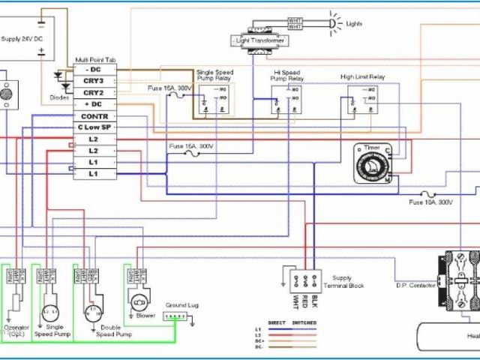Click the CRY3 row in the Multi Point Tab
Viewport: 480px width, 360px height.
pos(93,81)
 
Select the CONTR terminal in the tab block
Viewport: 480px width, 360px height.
pos(94,116)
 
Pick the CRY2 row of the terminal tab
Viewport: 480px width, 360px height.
pos(93,92)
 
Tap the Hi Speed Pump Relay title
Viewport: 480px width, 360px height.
pos(287,75)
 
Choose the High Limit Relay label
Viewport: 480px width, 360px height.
pos(362,76)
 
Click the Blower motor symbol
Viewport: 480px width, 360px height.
pos(138,303)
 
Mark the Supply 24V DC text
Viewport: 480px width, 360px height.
pos(23,37)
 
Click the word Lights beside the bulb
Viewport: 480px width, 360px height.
pos(354,23)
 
